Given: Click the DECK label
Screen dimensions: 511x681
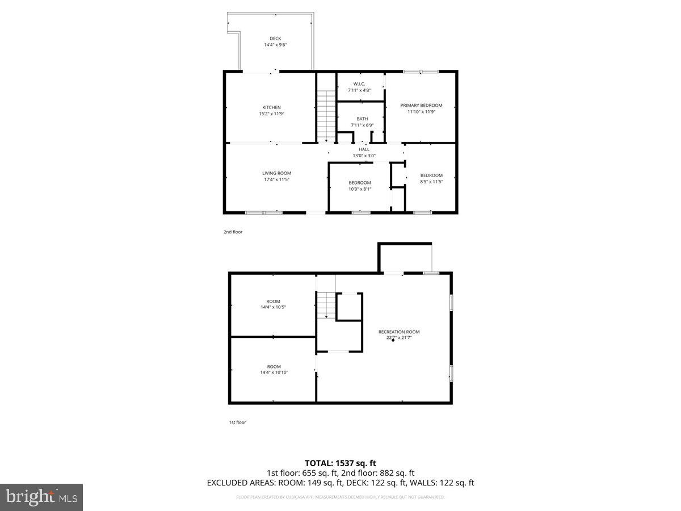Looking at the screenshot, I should pos(275,39).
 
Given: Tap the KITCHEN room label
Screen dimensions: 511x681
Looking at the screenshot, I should pos(271,107).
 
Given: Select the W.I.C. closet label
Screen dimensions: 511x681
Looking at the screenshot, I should pos(359,84).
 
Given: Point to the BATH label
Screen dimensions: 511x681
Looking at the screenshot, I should pos(362,119).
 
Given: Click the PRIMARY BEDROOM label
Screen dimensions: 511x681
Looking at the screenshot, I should pos(421,105).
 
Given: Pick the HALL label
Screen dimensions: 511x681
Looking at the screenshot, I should pos(364,149).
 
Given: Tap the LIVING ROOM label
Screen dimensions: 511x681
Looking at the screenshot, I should pos(276,173).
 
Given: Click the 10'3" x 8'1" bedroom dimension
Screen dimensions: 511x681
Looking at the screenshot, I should pos(360,189).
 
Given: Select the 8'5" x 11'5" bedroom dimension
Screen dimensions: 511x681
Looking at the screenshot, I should pos(431,182).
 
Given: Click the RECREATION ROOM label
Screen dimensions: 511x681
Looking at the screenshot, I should pos(400,332).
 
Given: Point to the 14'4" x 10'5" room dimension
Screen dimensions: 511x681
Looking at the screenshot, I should pos(274,307).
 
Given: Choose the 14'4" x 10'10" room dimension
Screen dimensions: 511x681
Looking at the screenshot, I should pos(274,372).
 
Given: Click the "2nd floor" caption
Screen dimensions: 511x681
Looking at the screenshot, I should pos(233,232).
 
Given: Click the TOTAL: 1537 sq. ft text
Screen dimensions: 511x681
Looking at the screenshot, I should pos(340,463).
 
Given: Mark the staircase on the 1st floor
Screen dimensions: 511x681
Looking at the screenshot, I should pos(326,305).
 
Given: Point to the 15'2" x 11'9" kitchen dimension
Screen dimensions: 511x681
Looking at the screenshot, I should pos(271,114).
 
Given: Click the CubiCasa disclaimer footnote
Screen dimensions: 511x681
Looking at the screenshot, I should pos(340,497).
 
